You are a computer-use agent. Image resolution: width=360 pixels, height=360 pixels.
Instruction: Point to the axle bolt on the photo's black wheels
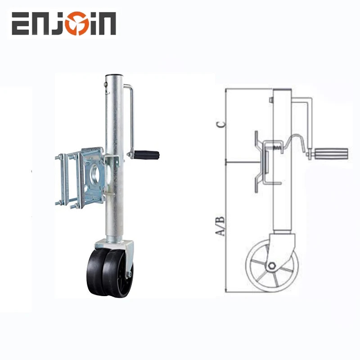pos(129,274)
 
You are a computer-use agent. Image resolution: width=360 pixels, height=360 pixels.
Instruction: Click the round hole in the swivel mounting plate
pos(95,174)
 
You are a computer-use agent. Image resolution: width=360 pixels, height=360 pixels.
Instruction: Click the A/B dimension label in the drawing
pos(221,227)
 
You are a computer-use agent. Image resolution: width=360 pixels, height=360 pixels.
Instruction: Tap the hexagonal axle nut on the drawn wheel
pos(271,266)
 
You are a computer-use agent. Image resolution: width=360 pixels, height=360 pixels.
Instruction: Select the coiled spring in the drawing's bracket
pos(278,146)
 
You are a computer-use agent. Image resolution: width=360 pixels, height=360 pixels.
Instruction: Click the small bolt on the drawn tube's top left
pos(271,100)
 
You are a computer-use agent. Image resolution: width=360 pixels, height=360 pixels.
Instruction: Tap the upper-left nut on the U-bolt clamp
pos(60,157)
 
